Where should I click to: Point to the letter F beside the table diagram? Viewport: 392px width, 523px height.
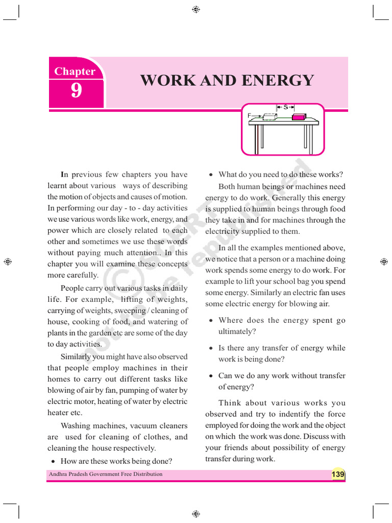(250, 116)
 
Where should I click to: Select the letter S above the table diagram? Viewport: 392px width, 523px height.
(286, 107)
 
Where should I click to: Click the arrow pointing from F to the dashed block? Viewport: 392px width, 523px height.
(257, 116)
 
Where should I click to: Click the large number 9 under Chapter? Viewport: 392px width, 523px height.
(76, 91)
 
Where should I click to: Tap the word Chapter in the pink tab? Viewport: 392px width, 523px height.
(75, 72)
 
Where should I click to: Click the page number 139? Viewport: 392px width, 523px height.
(338, 474)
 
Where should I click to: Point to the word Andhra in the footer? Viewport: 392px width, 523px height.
(58, 474)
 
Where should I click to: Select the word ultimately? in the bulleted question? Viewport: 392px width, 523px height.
(237, 331)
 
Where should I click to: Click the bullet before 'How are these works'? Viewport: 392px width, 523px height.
(54, 461)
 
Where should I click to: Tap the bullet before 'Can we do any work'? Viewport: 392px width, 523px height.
(211, 376)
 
